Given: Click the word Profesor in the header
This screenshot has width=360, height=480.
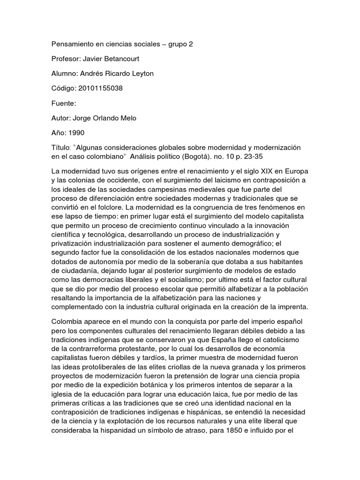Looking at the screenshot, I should [65, 59].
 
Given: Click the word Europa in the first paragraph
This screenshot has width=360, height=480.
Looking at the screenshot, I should [296, 171].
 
